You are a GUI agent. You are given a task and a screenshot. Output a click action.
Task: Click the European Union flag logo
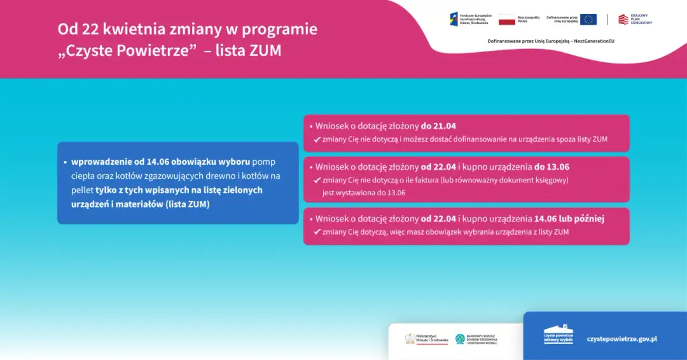tap(588, 19)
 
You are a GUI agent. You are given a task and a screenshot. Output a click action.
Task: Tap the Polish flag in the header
tap(506, 19)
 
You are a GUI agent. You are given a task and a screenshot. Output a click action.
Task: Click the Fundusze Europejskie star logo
tap(454, 19)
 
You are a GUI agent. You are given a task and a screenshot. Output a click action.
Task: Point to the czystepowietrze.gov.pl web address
tap(621, 339)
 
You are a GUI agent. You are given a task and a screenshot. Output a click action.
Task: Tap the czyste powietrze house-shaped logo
tap(558, 335)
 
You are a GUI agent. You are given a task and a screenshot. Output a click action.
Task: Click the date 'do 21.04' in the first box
tap(438, 126)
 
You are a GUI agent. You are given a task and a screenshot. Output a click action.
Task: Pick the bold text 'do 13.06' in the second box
tap(552, 167)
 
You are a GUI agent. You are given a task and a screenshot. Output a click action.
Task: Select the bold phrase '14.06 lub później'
tap(569, 219)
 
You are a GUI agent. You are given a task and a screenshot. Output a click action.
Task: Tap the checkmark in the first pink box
tap(317, 139)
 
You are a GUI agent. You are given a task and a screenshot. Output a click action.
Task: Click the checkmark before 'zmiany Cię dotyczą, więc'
tap(317, 232)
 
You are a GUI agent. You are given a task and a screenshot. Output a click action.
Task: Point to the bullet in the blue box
tap(66, 162)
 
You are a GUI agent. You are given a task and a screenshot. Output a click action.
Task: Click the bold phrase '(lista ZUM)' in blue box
tap(188, 204)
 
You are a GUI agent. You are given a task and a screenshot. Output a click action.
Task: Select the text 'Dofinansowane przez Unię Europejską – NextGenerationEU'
tap(551, 41)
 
